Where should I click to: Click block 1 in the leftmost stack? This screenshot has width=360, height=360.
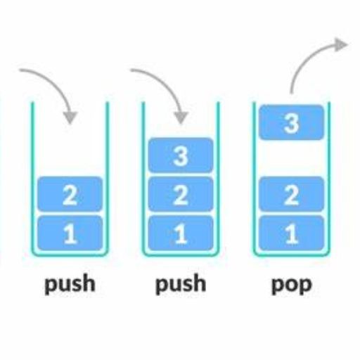pos(70,233)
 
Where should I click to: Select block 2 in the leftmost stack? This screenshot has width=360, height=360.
pos(70,194)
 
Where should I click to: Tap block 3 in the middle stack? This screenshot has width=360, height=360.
pos(181,155)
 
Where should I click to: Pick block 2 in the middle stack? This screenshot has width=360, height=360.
pos(181,194)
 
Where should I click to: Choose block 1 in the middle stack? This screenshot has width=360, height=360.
pos(181,233)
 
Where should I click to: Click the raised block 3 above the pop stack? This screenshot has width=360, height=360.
pos(292,122)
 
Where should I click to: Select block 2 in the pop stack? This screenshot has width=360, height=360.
pos(292,194)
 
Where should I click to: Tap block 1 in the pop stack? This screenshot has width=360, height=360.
pos(292,233)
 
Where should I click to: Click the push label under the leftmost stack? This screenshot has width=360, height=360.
pos(70,284)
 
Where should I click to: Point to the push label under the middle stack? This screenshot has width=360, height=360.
pos(181,284)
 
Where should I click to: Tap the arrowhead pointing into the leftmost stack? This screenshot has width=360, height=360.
pos(70,117)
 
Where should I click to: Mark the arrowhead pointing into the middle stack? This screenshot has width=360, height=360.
pos(181,117)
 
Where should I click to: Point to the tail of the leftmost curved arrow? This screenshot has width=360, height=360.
pos(20,70)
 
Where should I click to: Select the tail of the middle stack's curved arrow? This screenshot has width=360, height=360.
pos(132,70)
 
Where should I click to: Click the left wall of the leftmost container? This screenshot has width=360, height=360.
pos(32,177)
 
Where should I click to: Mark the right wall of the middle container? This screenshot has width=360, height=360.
pos(219,177)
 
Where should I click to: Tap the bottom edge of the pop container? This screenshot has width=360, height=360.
pos(292,255)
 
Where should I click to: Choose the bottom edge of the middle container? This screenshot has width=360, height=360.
pos(181,255)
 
